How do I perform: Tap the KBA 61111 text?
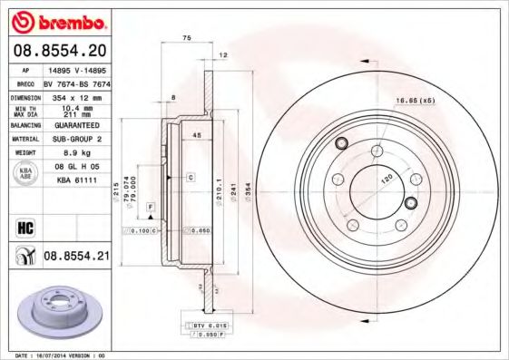76,182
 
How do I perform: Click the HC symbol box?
24,228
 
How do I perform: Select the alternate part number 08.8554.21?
76,258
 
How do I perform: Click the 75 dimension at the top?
187,38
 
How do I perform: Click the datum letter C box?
191,178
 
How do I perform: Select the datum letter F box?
149,208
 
